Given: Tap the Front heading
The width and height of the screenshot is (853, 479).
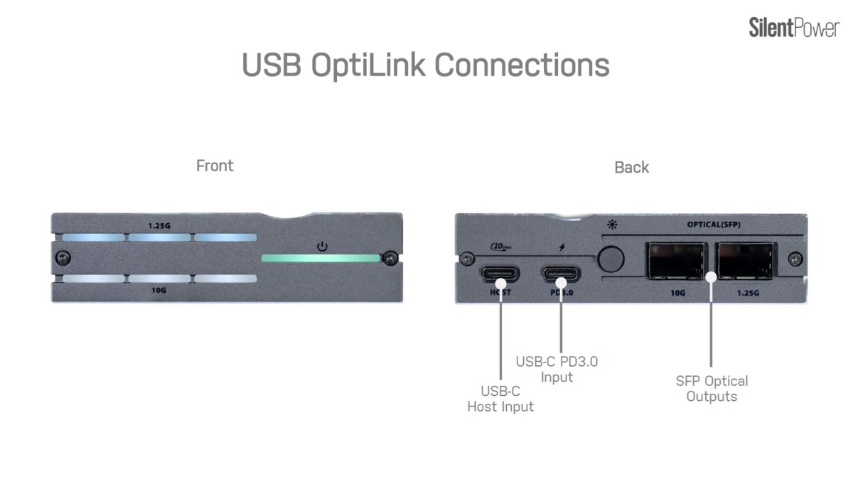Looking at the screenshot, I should tap(215, 166).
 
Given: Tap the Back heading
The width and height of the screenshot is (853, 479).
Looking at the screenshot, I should tap(631, 167).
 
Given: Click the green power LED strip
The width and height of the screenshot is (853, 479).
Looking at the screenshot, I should tap(321, 258).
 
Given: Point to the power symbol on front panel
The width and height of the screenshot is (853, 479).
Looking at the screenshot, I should tap(322, 246).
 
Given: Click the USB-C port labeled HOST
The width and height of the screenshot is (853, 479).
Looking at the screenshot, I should tap(500, 274).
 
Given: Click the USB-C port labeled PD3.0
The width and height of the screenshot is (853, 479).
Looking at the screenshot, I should tap(561, 274).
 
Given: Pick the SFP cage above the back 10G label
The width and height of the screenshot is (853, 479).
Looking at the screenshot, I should tap(675, 262).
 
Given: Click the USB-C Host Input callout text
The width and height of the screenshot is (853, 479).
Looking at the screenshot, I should tap(500, 399).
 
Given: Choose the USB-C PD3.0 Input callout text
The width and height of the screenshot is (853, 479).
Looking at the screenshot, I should tap(557, 369).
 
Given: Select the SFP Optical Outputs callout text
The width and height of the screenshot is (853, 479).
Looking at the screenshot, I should tap(712, 389).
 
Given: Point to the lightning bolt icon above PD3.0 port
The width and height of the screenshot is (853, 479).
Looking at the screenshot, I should tap(562, 247).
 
